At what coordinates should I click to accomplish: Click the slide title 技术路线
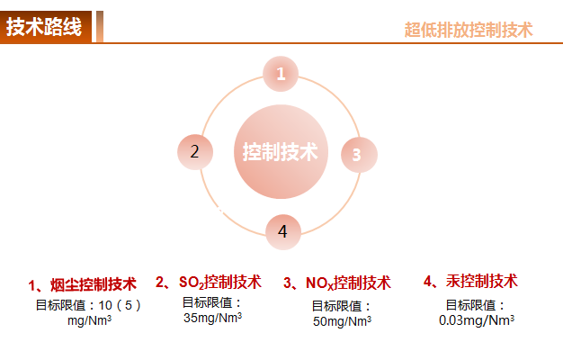[x=44, y=27]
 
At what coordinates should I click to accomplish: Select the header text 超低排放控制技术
[x=469, y=30]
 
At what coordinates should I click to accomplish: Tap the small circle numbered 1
[x=281, y=74]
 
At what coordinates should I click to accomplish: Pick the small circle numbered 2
[x=195, y=152]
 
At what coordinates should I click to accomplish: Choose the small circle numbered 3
[x=359, y=155]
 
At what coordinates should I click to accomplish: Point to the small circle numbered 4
[x=283, y=232]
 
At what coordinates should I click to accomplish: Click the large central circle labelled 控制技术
[x=281, y=151]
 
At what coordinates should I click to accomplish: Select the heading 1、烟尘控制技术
[x=83, y=284]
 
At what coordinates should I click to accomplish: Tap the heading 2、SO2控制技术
[x=209, y=282]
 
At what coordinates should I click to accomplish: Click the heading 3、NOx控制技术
[x=336, y=283]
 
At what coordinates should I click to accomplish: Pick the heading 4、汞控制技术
[x=470, y=281]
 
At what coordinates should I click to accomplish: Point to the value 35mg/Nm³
[x=212, y=318]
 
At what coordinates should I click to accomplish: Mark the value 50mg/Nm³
[x=342, y=321]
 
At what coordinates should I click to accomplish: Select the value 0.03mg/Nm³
[x=477, y=319]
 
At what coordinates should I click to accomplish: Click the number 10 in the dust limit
[x=105, y=305]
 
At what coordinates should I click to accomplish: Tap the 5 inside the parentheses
[x=129, y=305]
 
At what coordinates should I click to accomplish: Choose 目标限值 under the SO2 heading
[x=207, y=302]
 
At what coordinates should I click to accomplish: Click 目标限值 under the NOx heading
[x=336, y=306]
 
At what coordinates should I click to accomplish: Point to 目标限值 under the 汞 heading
[x=470, y=305]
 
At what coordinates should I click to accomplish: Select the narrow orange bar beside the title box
[x=100, y=27]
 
